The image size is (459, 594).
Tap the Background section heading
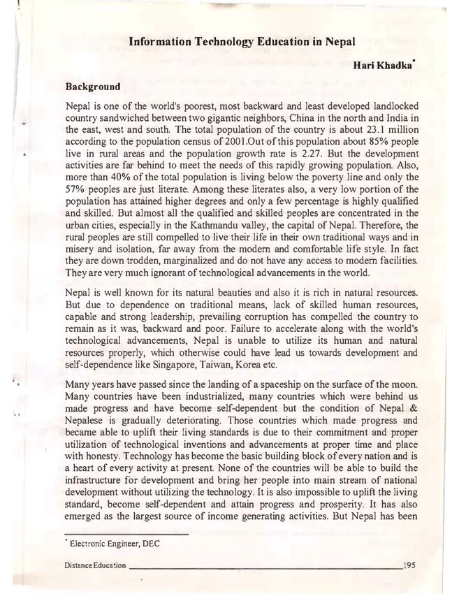(x=92, y=88)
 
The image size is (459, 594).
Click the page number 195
(x=409, y=564)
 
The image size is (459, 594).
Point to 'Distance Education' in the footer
(x=94, y=564)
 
